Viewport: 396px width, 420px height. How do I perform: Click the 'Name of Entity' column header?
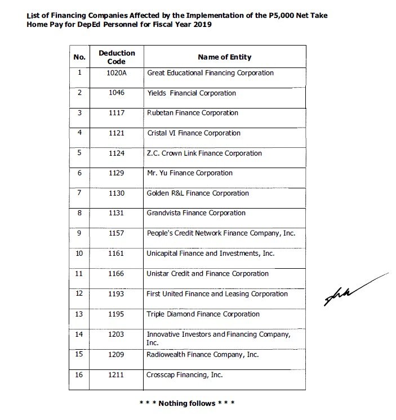click(224, 57)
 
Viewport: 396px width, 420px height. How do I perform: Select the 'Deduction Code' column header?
click(117, 57)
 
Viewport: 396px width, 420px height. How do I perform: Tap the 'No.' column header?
click(79, 57)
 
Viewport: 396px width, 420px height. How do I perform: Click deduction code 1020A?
click(117, 73)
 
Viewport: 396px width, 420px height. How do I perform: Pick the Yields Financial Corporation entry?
click(191, 93)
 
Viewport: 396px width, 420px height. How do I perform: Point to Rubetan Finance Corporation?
click(192, 113)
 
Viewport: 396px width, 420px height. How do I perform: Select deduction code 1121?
click(117, 133)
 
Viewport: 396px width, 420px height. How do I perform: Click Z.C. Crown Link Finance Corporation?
click(204, 153)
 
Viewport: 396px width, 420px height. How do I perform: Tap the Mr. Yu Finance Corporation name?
click(189, 173)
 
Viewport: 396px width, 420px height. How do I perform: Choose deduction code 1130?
click(117, 193)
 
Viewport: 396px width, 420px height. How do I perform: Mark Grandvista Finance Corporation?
click(196, 213)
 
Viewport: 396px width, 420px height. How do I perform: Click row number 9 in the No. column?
click(79, 233)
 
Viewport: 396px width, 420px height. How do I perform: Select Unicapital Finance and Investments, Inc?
click(210, 254)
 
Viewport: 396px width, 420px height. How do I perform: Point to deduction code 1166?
click(117, 274)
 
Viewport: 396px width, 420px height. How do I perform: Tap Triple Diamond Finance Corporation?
click(203, 314)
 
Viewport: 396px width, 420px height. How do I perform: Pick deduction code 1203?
click(117, 335)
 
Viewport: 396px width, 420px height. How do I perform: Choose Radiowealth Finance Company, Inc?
click(202, 355)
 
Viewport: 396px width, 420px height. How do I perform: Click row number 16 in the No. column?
click(79, 375)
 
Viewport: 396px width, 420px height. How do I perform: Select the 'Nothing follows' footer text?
click(186, 403)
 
